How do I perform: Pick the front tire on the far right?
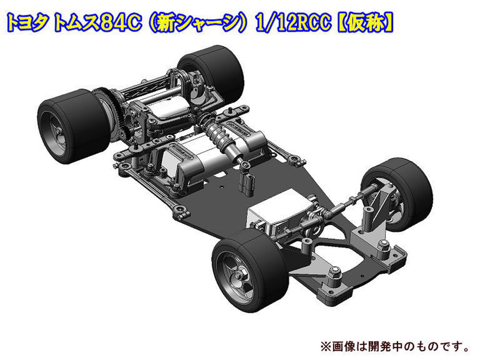point(398,193)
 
